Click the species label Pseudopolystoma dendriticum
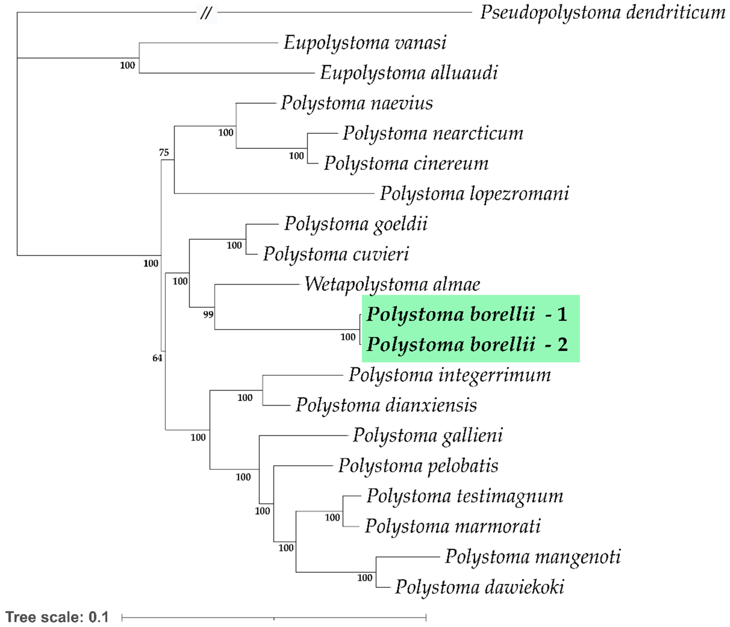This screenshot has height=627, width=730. pos(602,13)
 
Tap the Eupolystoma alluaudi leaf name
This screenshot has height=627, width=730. pos(409,73)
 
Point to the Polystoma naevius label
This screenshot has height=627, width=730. pos(357,103)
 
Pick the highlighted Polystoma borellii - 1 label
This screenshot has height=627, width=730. pos(467,314)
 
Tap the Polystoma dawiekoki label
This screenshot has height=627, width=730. pos(479,587)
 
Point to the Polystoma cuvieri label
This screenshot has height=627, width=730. pos(336,254)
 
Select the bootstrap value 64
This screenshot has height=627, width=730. pos(157,358)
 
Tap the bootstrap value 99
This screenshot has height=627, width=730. pos(208,314)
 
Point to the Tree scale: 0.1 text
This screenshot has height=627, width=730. pos(57,617)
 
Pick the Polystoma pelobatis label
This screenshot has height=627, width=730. pos(418,466)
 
